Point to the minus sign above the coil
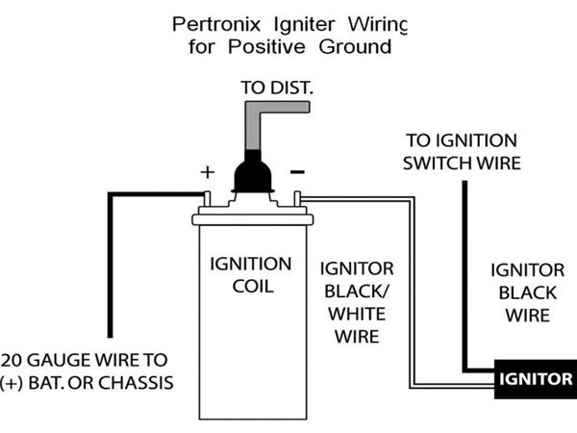[297, 171]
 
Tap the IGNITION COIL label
[252, 274]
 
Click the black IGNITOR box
[535, 378]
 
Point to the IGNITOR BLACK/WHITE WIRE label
[356, 300]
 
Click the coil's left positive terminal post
[206, 198]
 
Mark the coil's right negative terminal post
[297, 198]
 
